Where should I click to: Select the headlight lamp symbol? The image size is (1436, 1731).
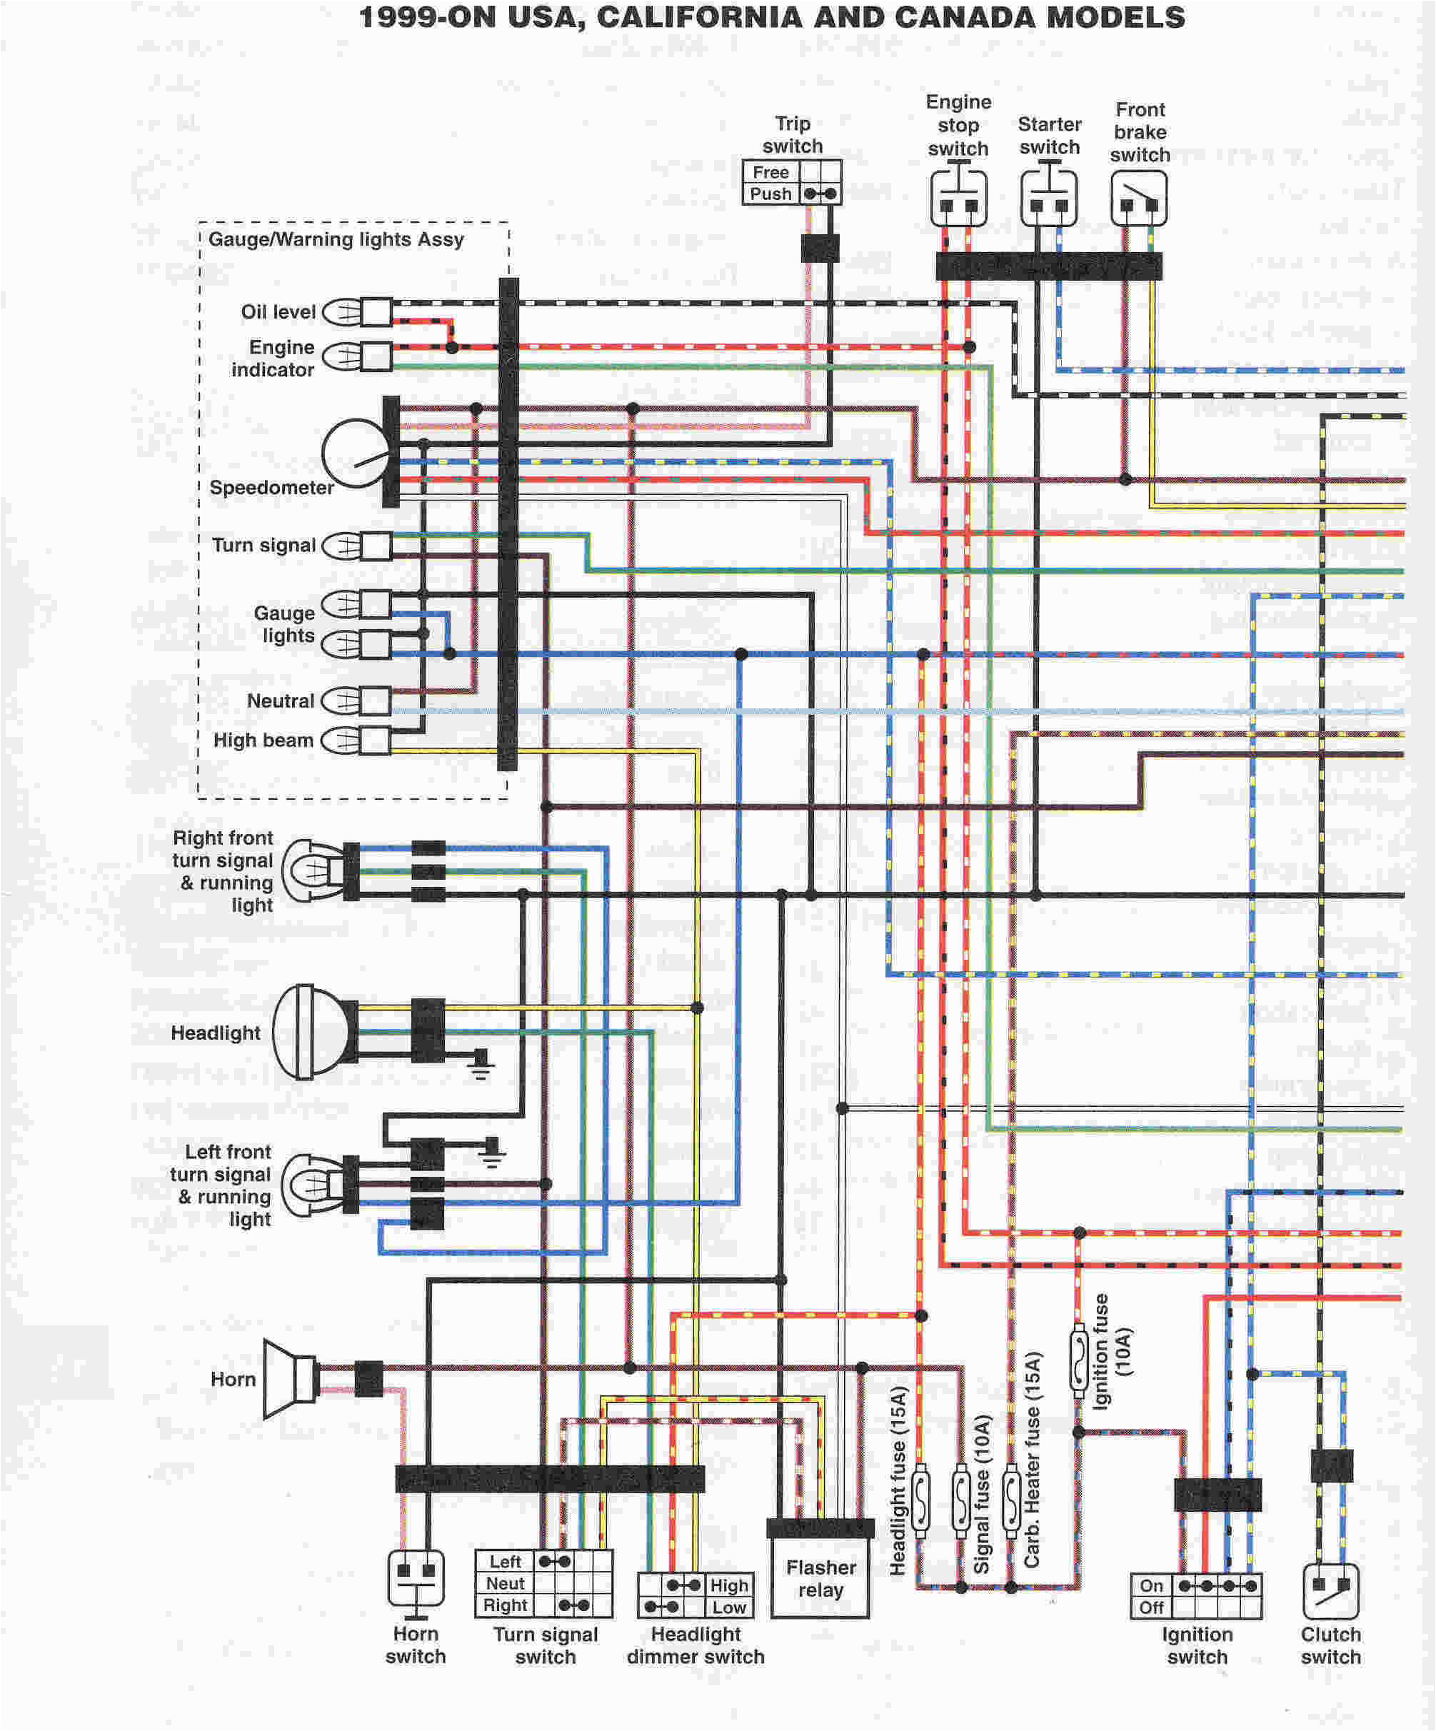click(x=309, y=1031)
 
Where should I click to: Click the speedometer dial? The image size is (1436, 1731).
click(x=354, y=453)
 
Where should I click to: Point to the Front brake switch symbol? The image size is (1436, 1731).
click(x=1138, y=199)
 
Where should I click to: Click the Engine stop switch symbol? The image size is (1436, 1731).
click(x=958, y=199)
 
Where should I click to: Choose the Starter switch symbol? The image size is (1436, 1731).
click(x=1048, y=199)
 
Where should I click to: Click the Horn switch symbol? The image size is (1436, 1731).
click(x=416, y=1577)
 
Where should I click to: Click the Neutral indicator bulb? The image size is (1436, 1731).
click(x=354, y=701)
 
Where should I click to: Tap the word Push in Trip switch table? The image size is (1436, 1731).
click(x=770, y=194)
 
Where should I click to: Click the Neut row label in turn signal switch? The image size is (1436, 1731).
click(x=505, y=1583)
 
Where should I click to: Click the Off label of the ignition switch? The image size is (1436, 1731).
click(x=1151, y=1607)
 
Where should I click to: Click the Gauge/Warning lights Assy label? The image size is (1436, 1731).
click(x=336, y=239)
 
